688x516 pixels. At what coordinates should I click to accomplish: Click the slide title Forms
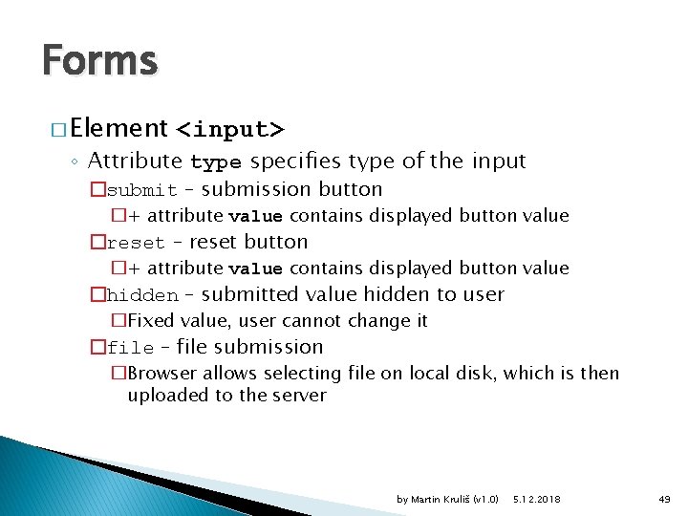[99, 61]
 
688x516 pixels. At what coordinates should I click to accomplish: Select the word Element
[118, 128]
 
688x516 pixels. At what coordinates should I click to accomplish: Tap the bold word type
[216, 161]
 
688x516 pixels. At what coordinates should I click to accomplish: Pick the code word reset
[135, 243]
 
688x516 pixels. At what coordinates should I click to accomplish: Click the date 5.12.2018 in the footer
[537, 499]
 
